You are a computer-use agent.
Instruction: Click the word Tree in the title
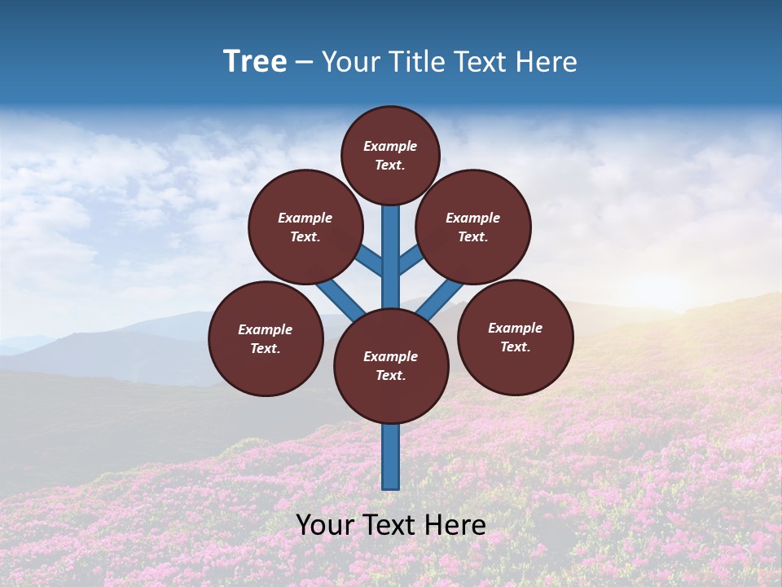255,61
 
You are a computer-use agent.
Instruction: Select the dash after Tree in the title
304,62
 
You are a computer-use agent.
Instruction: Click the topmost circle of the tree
390,155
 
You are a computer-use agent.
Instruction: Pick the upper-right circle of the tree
473,227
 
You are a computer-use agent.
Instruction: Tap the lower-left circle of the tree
266,338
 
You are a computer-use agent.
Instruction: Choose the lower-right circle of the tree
515,337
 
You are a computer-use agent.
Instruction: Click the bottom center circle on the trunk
391,366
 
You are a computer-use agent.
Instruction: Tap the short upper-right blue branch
411,259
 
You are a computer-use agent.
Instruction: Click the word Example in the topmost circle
390,146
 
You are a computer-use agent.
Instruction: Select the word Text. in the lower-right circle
515,346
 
